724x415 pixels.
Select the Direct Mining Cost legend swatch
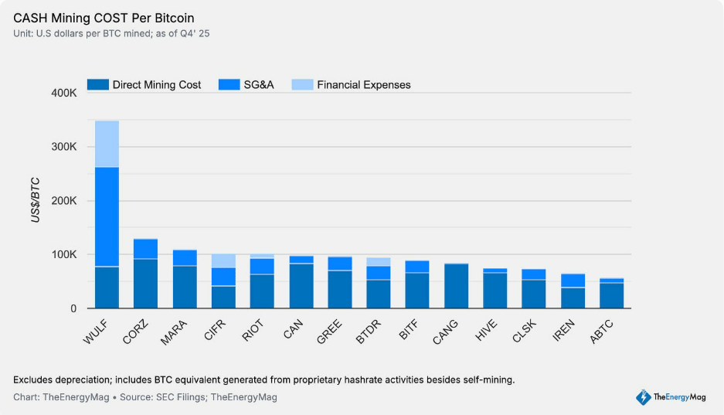[x=98, y=85]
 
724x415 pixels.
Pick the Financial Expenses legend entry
[x=352, y=85]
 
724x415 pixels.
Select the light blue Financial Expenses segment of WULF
[x=107, y=145]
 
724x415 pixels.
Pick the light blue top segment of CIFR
[x=224, y=260]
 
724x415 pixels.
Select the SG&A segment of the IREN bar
[x=573, y=281]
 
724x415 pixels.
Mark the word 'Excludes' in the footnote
[x=33, y=380]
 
